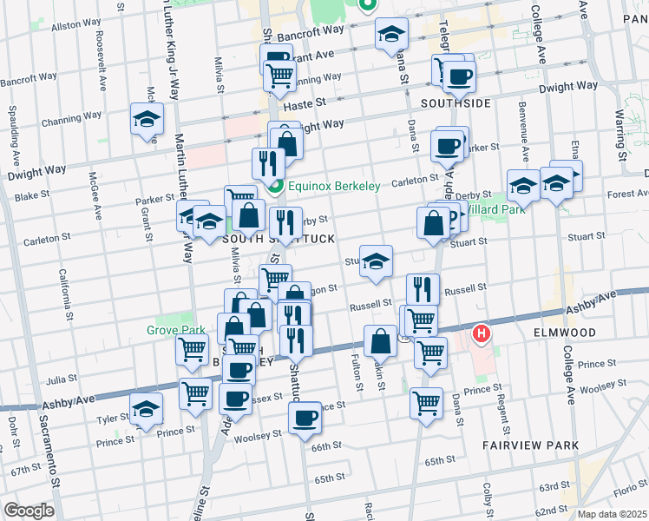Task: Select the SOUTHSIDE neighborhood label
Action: click(456, 103)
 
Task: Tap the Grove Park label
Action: click(174, 330)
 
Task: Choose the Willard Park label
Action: click(488, 209)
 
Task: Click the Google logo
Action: click(29, 510)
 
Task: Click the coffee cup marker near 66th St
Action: click(305, 419)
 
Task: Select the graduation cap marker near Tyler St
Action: click(146, 408)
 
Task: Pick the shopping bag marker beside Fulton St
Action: click(380, 340)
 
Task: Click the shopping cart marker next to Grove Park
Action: click(192, 349)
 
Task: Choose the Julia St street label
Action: click(62, 379)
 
